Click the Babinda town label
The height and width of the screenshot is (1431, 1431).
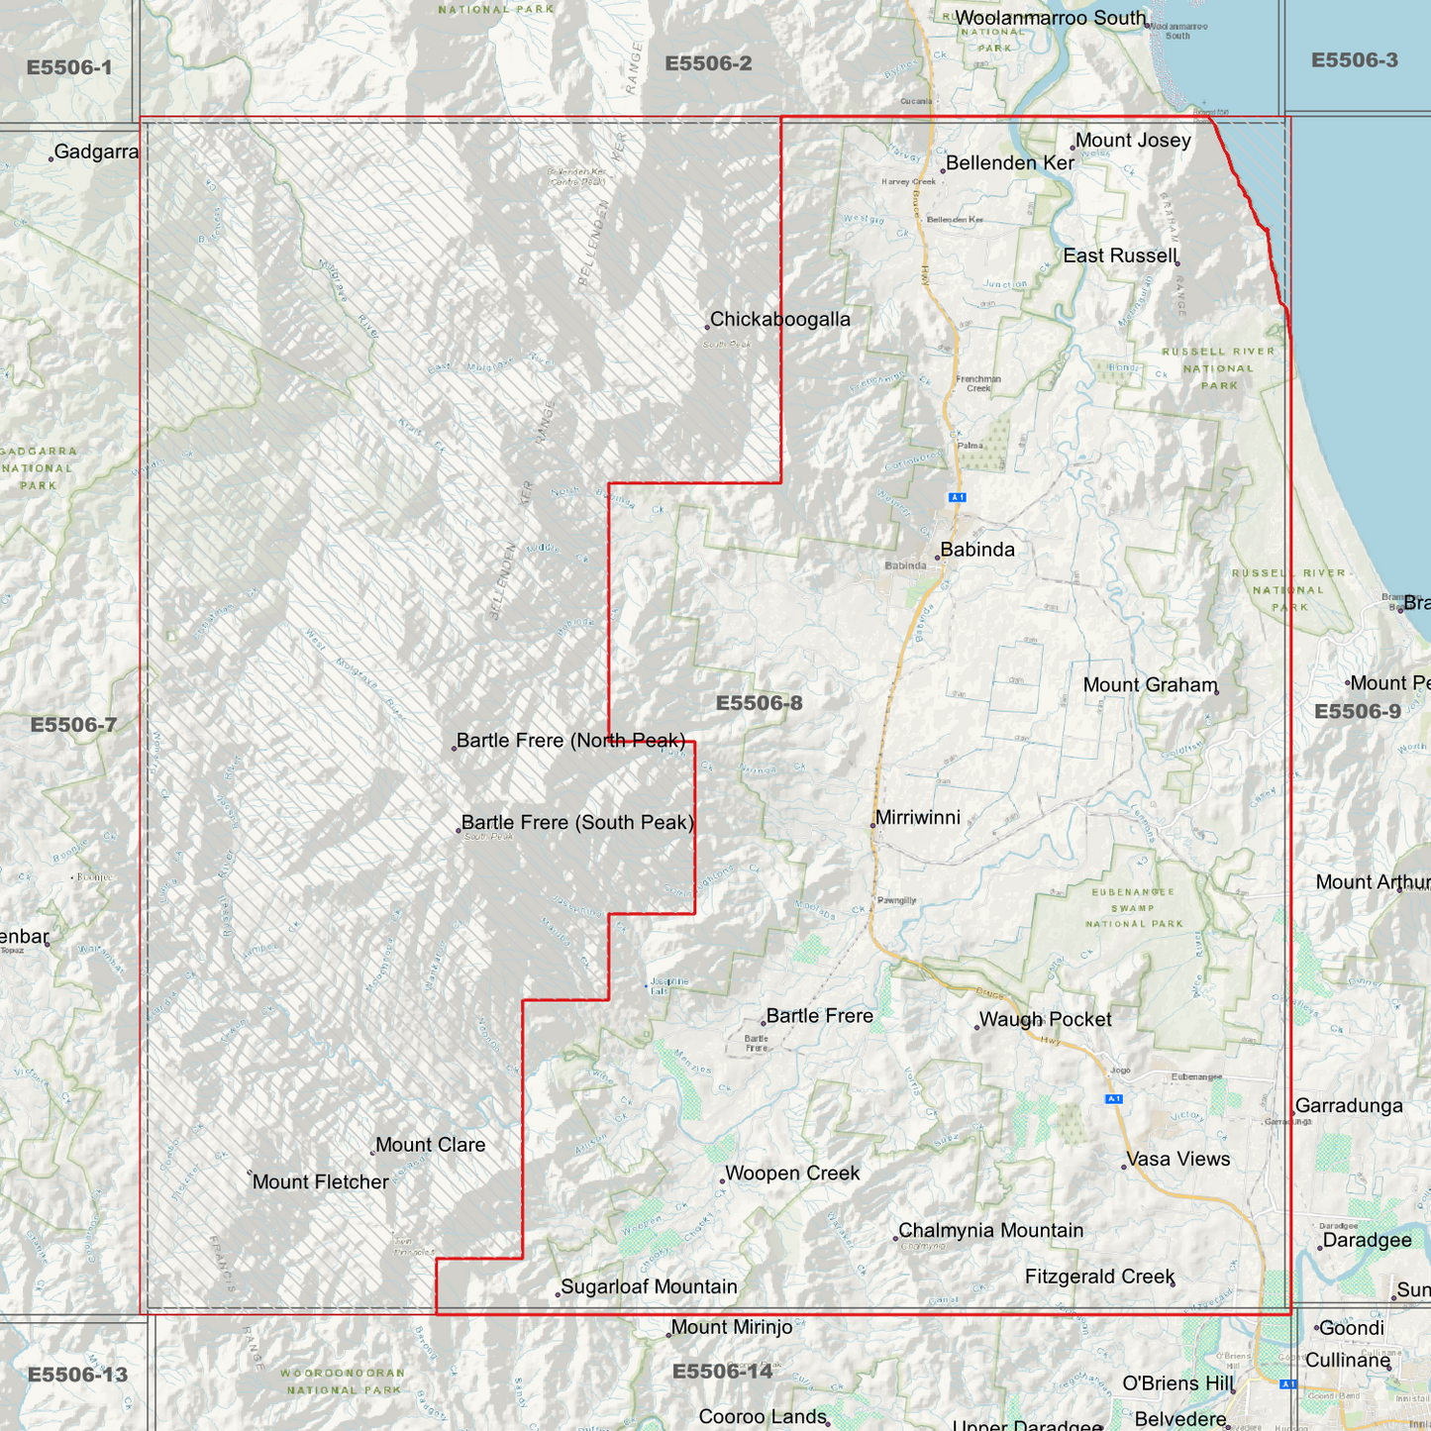pos(977,550)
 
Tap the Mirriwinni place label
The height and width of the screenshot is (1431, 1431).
pos(918,817)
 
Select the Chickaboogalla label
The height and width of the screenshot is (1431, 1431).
pos(780,319)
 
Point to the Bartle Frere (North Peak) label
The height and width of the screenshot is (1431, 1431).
pos(570,740)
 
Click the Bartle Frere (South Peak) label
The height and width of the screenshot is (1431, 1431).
pos(577,822)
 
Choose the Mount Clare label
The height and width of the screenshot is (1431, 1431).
pos(431,1145)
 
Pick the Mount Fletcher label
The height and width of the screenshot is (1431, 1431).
pos(321,1181)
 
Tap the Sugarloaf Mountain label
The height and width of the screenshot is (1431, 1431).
pos(649,1286)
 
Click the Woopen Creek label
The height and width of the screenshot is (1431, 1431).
pos(792,1173)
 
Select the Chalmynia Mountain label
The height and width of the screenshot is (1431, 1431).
pos(990,1230)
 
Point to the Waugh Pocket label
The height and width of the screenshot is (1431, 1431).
pos(1045,1019)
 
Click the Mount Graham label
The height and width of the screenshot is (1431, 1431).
pos(1150,684)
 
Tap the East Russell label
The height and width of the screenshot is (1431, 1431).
pos(1119,256)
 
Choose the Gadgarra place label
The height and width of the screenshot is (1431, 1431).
pos(96,152)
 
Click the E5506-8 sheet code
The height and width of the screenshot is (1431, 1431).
pos(759,703)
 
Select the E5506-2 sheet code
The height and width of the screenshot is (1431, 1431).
pos(708,63)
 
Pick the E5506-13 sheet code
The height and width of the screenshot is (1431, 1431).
pos(77,1375)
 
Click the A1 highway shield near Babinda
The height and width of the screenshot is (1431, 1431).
pos(957,497)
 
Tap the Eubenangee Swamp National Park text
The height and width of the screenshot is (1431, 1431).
pos(1133,907)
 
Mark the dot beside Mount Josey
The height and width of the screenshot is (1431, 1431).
pos(1073,148)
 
